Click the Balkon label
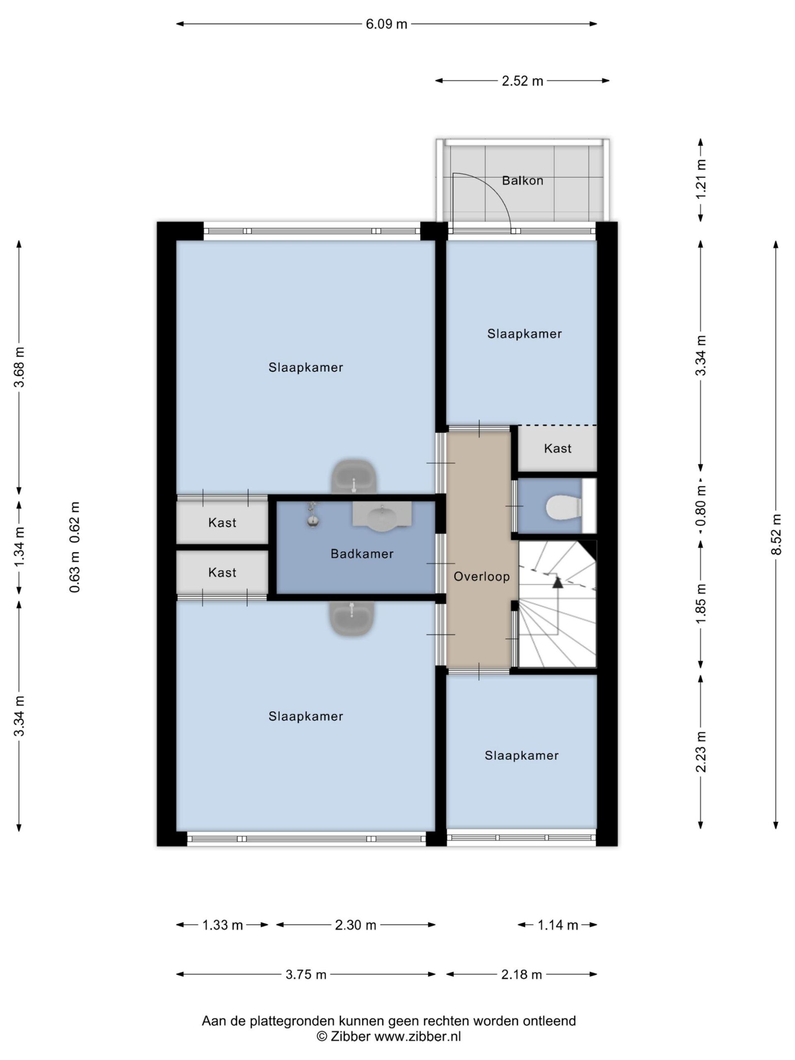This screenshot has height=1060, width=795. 522,181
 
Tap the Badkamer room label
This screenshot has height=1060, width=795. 362,554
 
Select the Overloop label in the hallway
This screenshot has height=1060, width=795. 481,576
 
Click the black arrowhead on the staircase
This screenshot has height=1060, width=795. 557,582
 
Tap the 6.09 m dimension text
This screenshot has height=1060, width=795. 386,24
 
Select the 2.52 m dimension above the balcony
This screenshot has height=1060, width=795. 522,81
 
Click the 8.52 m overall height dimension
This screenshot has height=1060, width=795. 776,534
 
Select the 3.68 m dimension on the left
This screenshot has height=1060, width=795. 19,367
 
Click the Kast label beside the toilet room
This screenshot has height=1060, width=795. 557,448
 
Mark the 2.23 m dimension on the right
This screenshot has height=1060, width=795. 701,752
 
